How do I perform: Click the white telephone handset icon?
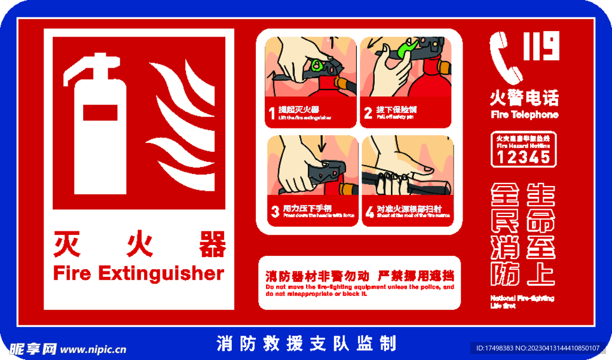[505, 57]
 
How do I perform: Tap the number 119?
[541, 47]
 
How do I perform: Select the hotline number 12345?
[524, 157]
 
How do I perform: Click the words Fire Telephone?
[524, 114]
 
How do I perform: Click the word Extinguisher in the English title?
[161, 273]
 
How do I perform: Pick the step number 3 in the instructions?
[275, 211]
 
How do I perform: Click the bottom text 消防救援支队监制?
[306, 343]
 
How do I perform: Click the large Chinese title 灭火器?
[140, 244]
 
